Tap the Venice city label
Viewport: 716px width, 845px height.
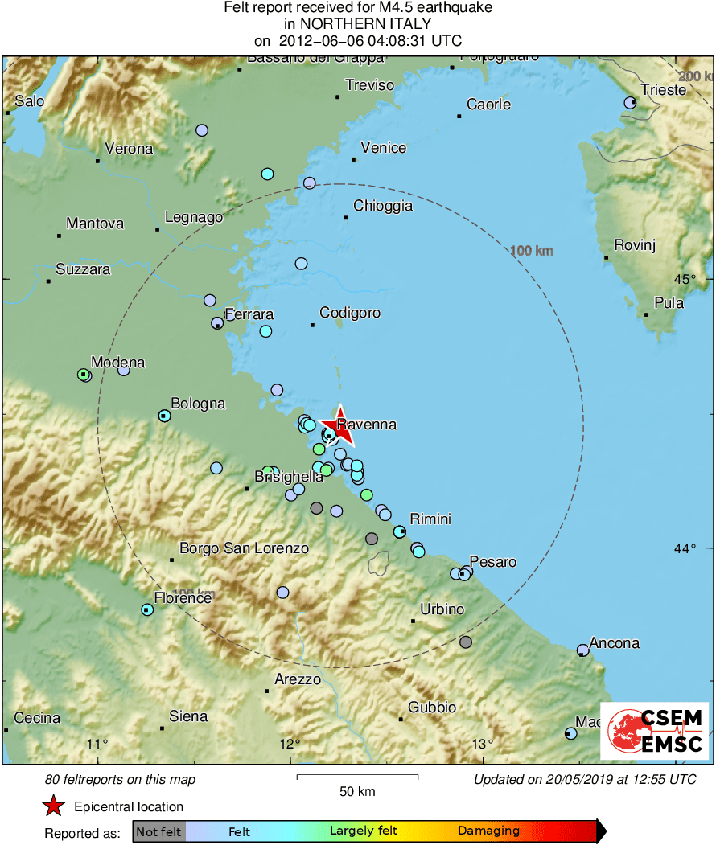[384, 148]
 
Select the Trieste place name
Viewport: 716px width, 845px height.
[664, 89]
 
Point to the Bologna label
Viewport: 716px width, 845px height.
[198, 404]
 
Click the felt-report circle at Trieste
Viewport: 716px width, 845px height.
[632, 103]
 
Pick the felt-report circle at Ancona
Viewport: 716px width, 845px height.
[583, 650]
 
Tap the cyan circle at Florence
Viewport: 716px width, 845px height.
[147, 610]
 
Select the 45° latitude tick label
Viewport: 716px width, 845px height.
[685, 279]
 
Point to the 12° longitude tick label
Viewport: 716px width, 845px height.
[290, 743]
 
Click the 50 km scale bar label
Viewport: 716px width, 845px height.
[357, 791]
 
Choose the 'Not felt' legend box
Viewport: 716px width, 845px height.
[158, 831]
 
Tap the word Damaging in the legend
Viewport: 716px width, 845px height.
[488, 831]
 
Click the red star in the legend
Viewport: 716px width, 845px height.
[53, 806]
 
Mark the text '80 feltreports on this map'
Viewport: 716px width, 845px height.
[120, 779]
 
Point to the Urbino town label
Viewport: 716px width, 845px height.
[442, 609]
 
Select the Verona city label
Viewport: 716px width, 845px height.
[129, 149]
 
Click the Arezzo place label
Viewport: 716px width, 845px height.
[298, 679]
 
